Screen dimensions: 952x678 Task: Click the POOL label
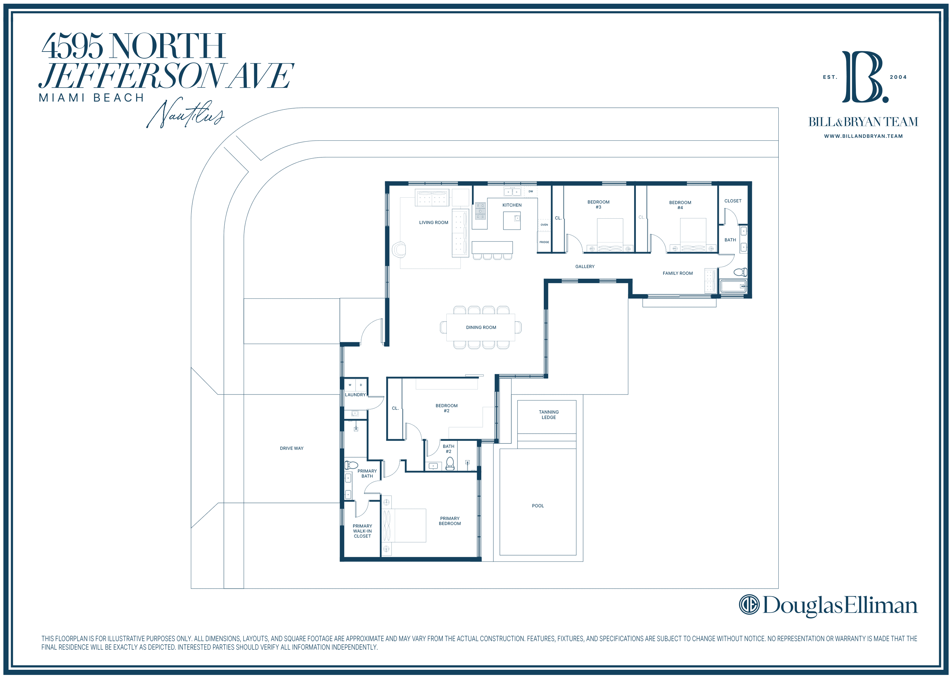538,506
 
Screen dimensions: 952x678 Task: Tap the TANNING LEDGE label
549,414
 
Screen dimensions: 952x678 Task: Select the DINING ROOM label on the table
481,327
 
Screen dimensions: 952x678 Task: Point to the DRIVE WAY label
291,448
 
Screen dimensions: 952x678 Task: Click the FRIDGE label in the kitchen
544,242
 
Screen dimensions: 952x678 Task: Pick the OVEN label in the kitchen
544,224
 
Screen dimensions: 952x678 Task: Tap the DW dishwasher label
531,192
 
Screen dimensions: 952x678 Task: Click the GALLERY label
585,266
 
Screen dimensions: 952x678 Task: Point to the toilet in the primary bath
351,465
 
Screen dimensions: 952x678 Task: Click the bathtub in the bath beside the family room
733,286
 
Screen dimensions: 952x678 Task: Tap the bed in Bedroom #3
610,235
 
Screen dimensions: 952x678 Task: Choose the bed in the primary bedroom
404,525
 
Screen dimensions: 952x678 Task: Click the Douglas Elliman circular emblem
749,604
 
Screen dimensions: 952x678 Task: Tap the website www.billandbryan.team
863,136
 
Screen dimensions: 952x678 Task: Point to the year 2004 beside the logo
898,77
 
